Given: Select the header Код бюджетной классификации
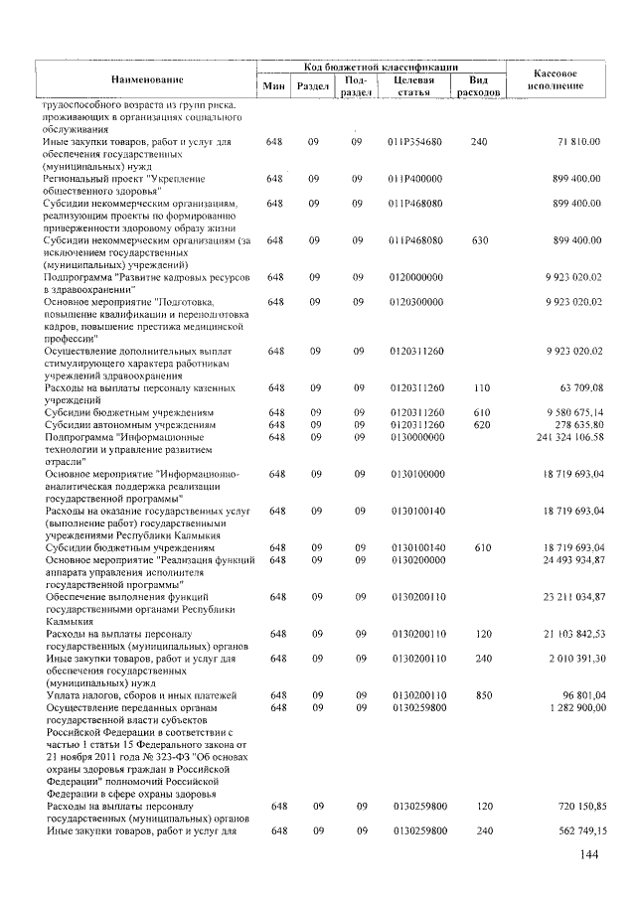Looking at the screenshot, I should coord(381,66).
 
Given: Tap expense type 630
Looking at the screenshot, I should coord(479,239).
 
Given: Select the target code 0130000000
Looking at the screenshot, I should coord(415,436).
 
